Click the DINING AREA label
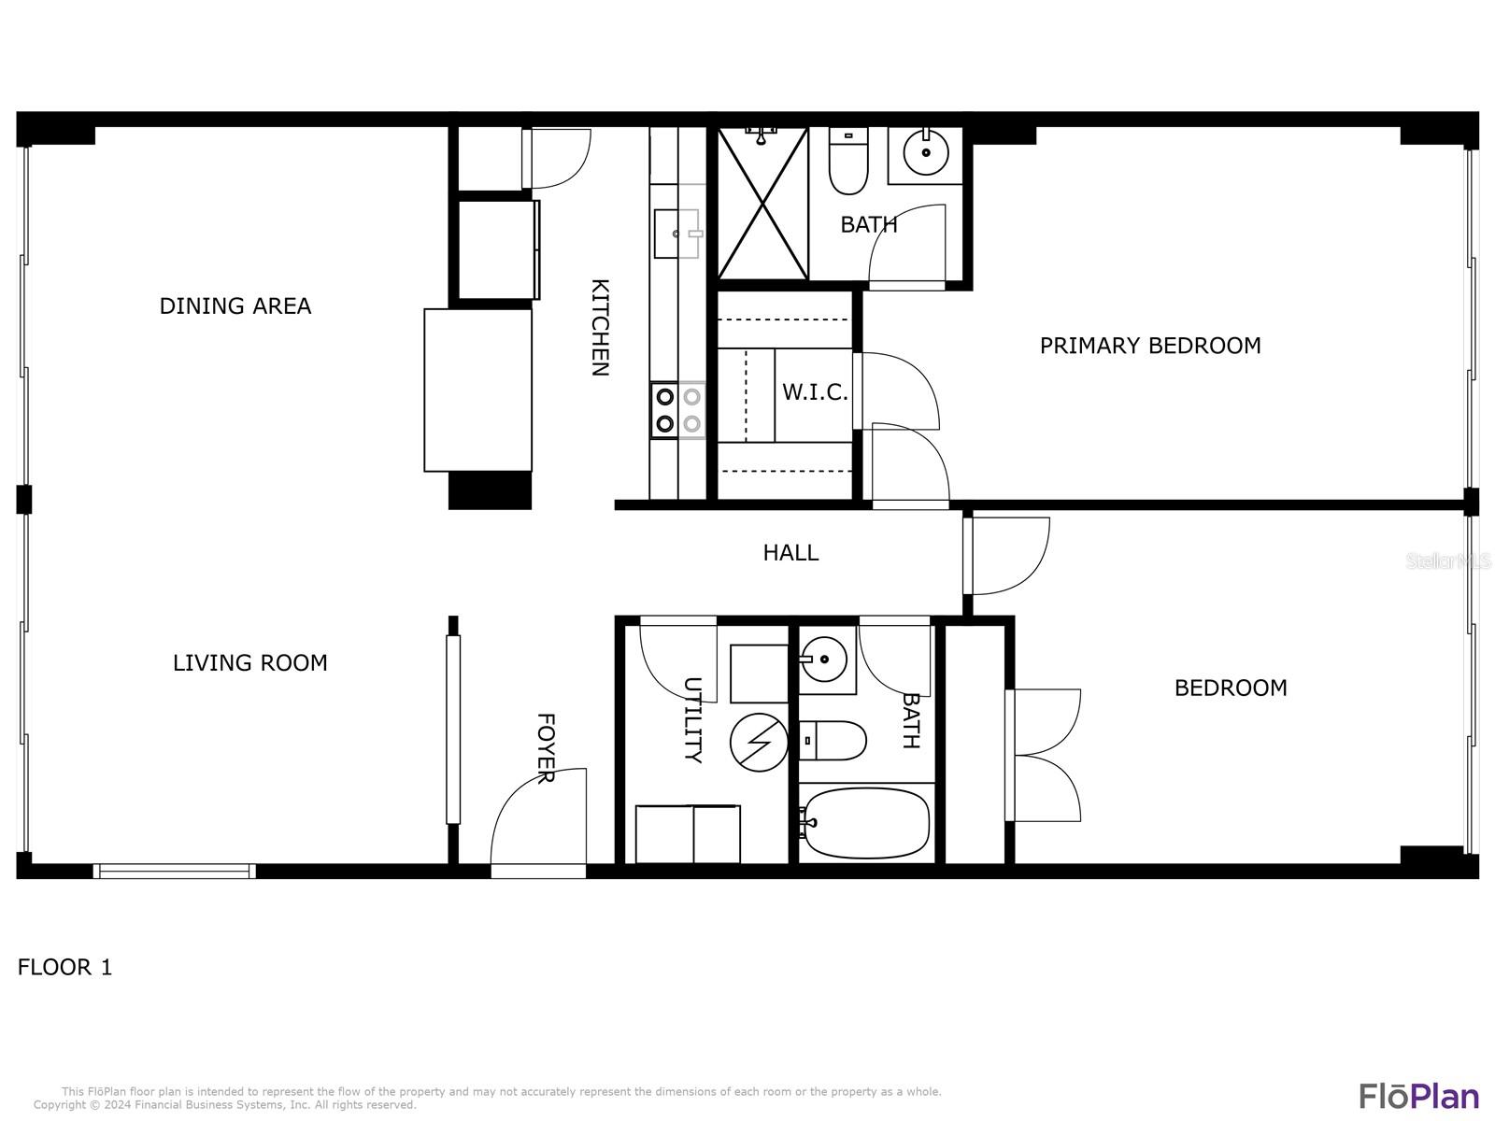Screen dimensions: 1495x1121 click(235, 306)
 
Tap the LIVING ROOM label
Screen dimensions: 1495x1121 click(250, 663)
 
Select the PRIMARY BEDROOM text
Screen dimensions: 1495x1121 click(1150, 346)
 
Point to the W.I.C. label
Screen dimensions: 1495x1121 click(815, 392)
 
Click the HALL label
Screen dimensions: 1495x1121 click(790, 553)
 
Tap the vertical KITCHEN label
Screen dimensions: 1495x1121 click(599, 327)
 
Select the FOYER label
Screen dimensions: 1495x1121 click(547, 748)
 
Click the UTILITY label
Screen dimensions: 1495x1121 click(692, 720)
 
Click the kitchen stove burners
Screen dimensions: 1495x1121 click(678, 410)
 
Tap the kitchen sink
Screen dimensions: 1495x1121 click(677, 234)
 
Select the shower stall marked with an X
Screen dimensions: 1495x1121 click(762, 203)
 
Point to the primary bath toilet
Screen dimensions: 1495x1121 click(848, 161)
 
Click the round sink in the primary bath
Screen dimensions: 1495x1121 click(926, 152)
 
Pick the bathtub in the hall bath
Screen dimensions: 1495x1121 click(865, 824)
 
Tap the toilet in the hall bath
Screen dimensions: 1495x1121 click(833, 741)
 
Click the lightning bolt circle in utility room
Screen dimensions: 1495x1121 click(759, 743)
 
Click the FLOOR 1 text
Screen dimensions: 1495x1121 click(64, 967)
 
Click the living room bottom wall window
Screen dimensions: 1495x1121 click(175, 872)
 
